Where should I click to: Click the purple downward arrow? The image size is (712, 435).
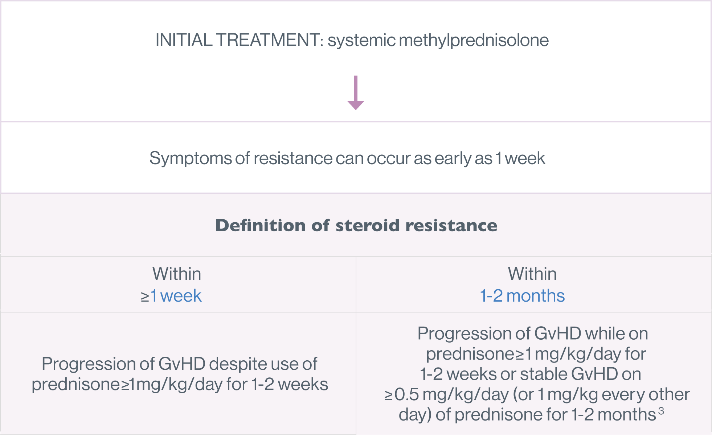coord(356,92)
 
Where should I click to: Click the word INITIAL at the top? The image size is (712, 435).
coord(184,40)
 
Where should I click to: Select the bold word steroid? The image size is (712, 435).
coord(368,225)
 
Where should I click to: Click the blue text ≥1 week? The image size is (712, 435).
coord(171,296)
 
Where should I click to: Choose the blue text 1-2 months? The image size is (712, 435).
coord(522,296)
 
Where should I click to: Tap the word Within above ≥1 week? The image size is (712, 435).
coord(177,274)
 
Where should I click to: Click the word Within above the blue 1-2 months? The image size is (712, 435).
coord(532,274)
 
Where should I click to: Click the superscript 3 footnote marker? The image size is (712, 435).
coord(661,411)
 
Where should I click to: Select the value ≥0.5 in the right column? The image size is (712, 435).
coord(402,395)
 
